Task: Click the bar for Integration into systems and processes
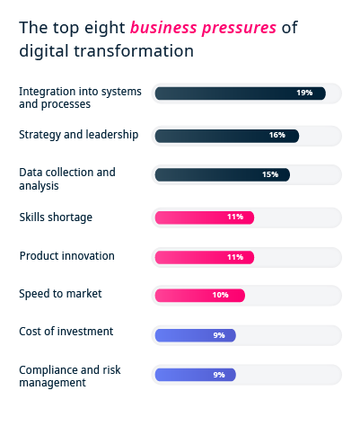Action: (x=240, y=93)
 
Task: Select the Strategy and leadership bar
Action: (x=226, y=135)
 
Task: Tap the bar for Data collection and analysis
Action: (x=222, y=174)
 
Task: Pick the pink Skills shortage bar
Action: (x=204, y=217)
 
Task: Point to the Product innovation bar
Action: (x=204, y=256)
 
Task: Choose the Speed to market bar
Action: (x=199, y=295)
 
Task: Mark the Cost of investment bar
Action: (x=195, y=334)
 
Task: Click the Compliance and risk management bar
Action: (x=195, y=374)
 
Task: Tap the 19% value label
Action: (x=304, y=93)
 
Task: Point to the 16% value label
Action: (x=277, y=135)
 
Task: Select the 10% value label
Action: (x=220, y=295)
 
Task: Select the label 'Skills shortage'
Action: (x=56, y=217)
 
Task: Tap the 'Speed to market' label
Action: (x=60, y=293)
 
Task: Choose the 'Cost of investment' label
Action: (x=66, y=332)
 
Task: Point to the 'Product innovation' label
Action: (x=66, y=255)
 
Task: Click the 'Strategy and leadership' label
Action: (x=78, y=135)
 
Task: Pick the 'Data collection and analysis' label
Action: (x=67, y=178)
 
